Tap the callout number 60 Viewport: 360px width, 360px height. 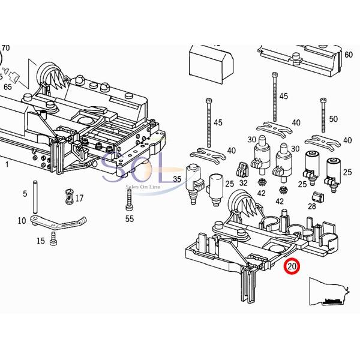(x=349, y=55)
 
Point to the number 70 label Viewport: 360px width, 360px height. (x=6, y=47)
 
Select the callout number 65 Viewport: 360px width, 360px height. (x=7, y=87)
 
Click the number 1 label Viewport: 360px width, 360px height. (x=7, y=163)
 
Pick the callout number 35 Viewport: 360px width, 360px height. (x=177, y=179)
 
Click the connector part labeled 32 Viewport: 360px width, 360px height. (x=243, y=169)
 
